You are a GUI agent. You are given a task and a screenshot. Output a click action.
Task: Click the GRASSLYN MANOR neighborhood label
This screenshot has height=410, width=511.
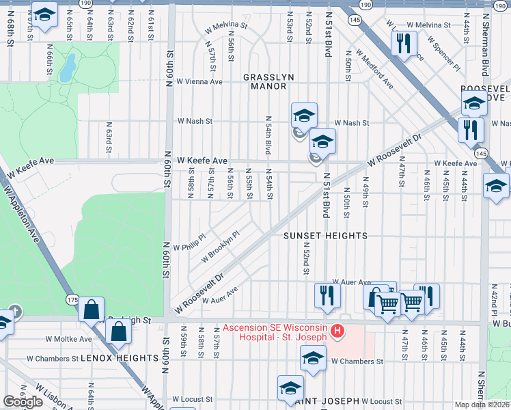tap(268, 82)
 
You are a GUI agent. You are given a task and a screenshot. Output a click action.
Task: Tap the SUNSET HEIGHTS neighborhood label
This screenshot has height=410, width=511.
tap(326, 236)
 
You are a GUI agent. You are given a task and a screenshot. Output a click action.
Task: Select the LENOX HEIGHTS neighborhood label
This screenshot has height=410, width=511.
tap(120, 358)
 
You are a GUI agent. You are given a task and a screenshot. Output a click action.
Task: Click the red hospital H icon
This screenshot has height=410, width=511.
tap(336, 332)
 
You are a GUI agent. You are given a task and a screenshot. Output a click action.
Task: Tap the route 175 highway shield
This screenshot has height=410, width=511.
tap(73, 300)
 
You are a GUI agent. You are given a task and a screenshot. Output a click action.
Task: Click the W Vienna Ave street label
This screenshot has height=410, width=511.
tap(199, 81)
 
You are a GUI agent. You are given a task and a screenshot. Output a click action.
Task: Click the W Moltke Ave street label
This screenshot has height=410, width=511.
tap(68, 339)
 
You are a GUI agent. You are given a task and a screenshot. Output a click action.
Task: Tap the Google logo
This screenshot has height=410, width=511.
tap(23, 402)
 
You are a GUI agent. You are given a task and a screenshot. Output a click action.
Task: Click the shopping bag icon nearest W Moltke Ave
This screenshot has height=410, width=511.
tap(119, 333)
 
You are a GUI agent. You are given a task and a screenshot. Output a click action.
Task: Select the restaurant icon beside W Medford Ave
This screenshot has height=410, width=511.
tap(403, 43)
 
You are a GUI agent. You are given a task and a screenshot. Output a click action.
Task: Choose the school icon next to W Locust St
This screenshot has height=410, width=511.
tap(290, 387)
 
